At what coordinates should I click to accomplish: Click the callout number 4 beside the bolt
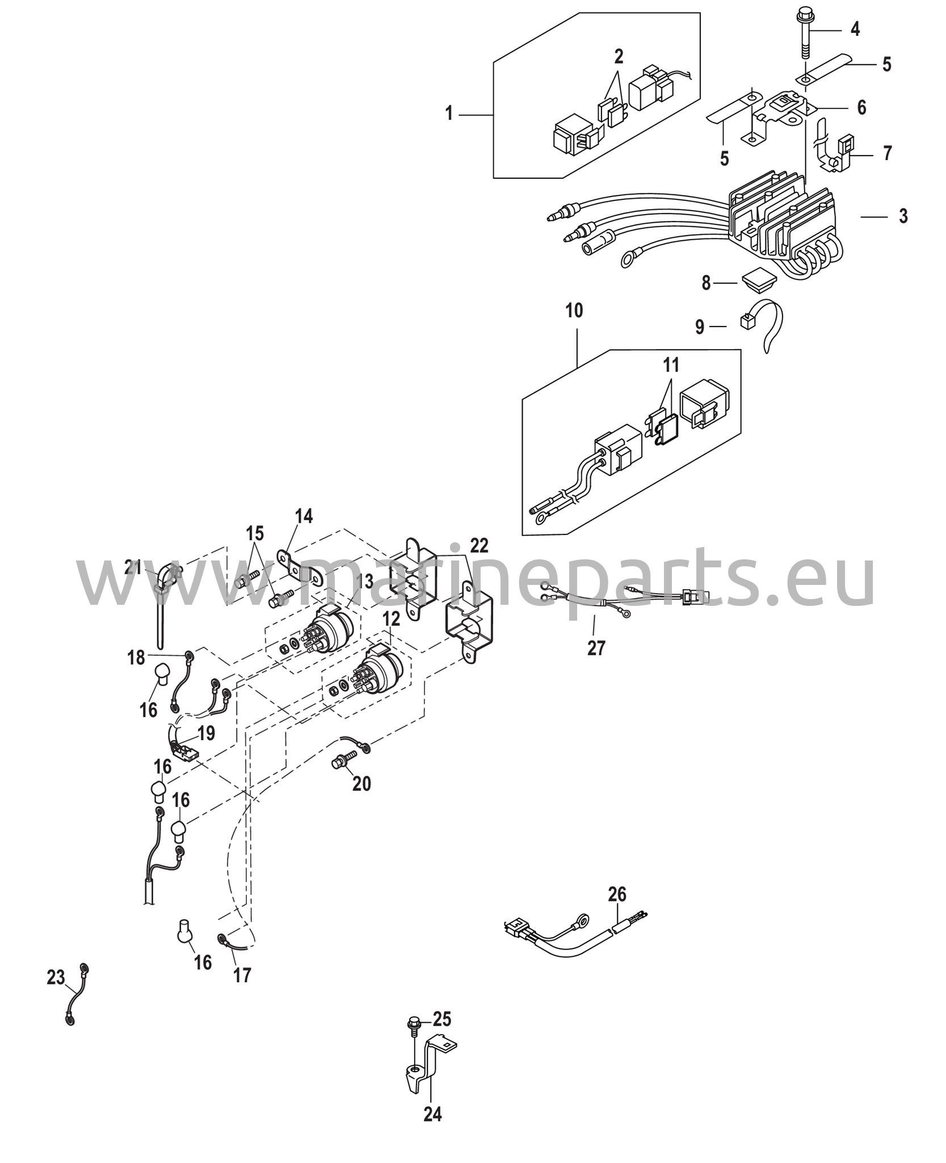click(x=855, y=28)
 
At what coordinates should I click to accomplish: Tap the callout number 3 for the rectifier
click(x=903, y=216)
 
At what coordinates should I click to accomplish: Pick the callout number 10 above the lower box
click(x=574, y=311)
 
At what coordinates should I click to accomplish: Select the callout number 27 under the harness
click(x=596, y=647)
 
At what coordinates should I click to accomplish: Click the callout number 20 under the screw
click(x=361, y=784)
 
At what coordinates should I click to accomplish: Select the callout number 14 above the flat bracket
click(x=303, y=516)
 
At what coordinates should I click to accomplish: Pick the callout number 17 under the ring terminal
click(x=242, y=975)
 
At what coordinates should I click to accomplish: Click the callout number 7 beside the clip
click(x=888, y=153)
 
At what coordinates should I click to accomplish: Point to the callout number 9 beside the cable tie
click(x=700, y=327)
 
